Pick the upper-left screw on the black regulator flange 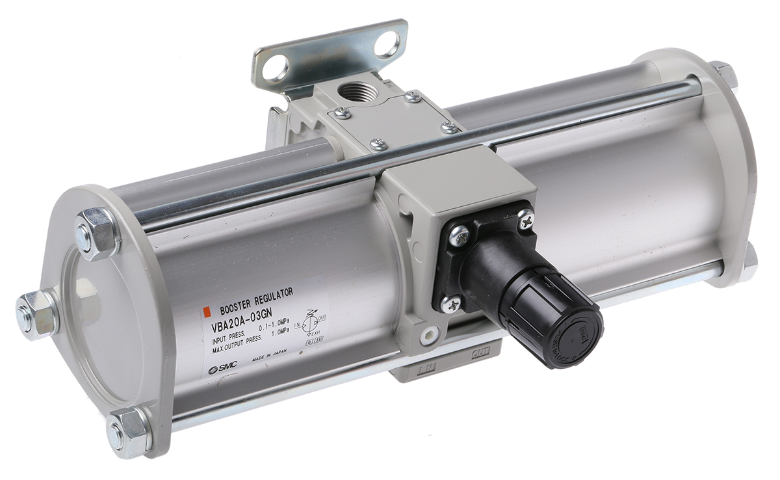pyautogui.click(x=460, y=231)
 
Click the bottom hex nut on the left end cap pyautogui.click(x=127, y=429)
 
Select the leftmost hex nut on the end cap pyautogui.click(x=34, y=313)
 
